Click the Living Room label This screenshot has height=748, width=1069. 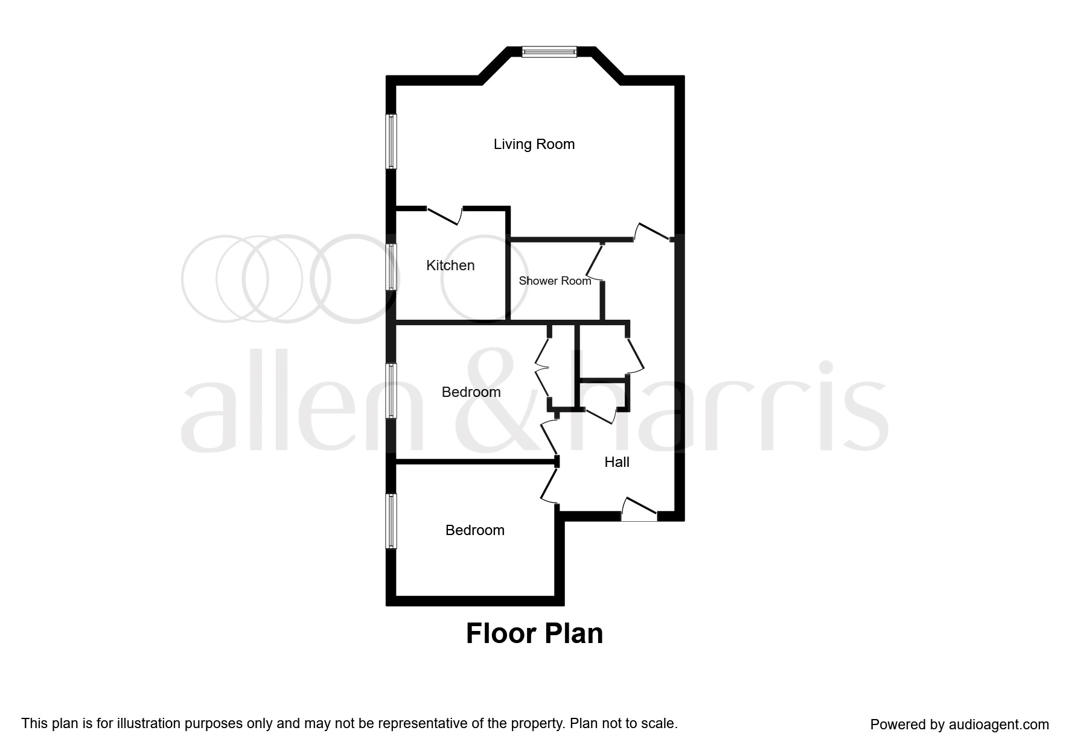coord(534,144)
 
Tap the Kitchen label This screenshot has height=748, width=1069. coord(450,265)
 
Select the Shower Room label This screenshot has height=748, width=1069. coord(555,280)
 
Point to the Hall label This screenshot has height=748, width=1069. coord(617,462)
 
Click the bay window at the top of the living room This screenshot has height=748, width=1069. coord(549,52)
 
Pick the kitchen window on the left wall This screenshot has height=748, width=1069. coord(391,267)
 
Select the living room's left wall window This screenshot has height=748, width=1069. coord(391,142)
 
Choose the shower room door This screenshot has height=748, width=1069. coord(594,262)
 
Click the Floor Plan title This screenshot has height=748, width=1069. coord(534,634)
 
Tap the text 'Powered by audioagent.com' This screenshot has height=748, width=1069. coord(959,724)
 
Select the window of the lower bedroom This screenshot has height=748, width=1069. coord(391,521)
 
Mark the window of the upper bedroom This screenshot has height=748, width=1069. coord(391,390)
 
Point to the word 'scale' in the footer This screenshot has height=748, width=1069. coord(660,723)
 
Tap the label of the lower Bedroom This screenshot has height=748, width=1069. coord(474,530)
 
